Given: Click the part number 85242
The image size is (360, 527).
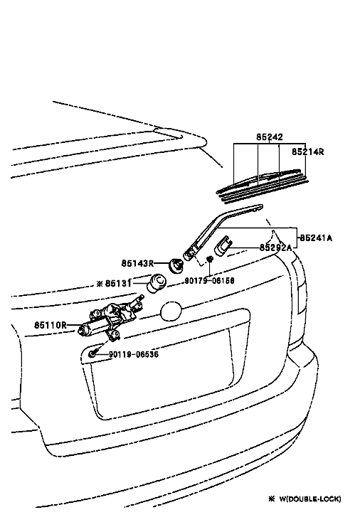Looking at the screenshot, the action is pos(270,137).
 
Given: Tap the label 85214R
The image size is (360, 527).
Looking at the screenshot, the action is pos(307,151).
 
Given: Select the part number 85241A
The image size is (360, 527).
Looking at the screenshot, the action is pos(316,238).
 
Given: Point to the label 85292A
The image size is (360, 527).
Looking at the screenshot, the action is pos(275,247).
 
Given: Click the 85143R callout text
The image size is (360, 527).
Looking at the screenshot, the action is pos(137,263).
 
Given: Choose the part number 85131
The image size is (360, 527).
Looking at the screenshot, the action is pos(118,283).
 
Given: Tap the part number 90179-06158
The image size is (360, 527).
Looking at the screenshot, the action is pos(209,280).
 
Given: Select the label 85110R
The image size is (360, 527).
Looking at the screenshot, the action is pos(51,325).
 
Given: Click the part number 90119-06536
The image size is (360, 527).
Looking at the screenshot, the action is pos(134,354).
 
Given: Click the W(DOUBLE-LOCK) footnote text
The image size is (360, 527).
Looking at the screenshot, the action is pos(310,499).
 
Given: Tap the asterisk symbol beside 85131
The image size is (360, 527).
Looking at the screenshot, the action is pos(100,284).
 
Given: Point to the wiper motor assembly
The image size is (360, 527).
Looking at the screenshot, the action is pos(110,319).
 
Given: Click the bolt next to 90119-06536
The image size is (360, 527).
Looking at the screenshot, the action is pos(92,353).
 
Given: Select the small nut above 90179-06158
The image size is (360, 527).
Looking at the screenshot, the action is pos(210,259).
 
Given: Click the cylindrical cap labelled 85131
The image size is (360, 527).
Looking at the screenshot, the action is pos(157,284).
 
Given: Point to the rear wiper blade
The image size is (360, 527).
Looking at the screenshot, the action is pos(263,186).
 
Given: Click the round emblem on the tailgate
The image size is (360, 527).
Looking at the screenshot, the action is pos(171,312).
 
